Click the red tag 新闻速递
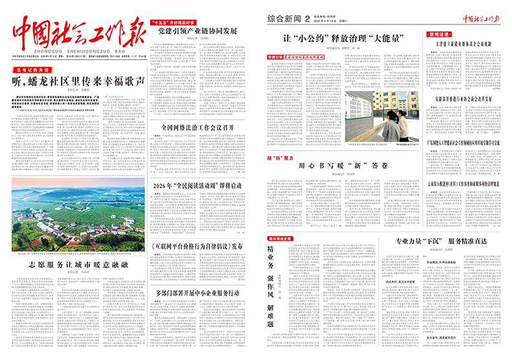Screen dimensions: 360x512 [440, 33]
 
